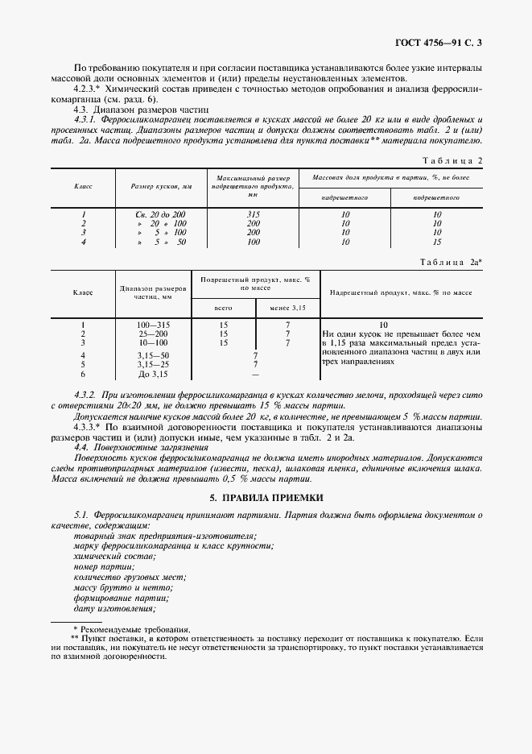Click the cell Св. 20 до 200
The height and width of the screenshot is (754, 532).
162,214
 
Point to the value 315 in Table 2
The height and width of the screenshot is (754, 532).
253,214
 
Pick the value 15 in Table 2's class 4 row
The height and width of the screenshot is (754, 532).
437,241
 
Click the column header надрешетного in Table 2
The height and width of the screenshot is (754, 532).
344,197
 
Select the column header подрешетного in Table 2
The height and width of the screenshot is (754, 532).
437,197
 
